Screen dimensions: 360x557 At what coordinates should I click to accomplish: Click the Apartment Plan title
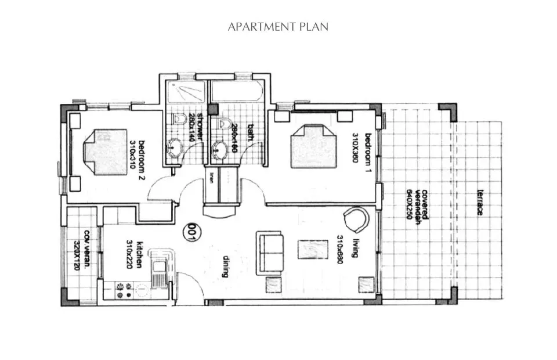[278, 27]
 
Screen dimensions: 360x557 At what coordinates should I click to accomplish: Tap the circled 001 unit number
[189, 232]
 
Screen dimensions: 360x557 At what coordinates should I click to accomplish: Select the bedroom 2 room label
[137, 160]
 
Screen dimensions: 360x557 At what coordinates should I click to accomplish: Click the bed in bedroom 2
[105, 152]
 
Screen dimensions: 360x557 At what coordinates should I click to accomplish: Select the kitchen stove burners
[123, 290]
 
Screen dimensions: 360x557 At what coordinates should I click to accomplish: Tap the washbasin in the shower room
[174, 149]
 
